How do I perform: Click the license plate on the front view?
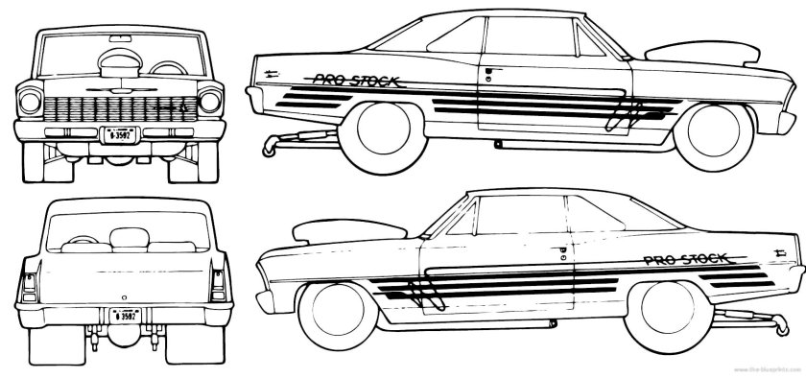click(x=117, y=133)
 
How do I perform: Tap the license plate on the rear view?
click(x=124, y=313)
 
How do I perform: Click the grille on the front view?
click(x=117, y=106)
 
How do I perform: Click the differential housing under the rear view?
click(x=123, y=338)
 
